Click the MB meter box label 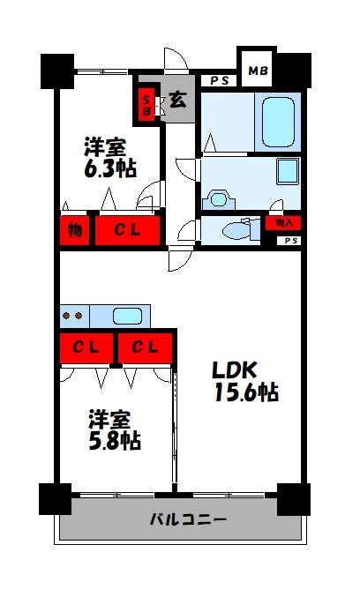257,70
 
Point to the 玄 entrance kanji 177,99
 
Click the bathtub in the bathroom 279,122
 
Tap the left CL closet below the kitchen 86,347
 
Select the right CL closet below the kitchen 145,347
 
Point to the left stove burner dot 67,315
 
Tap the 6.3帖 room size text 110,169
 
